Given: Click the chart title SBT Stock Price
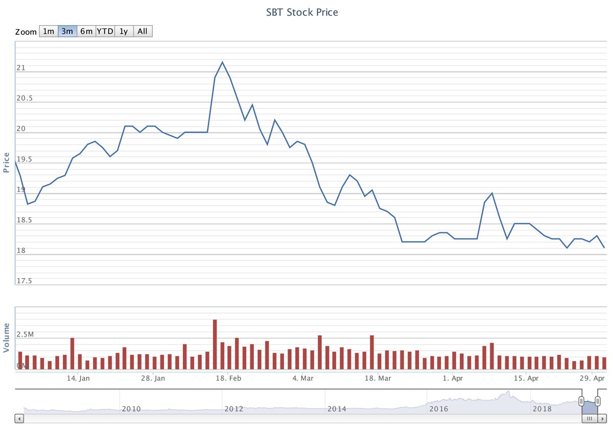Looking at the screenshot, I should (302, 12).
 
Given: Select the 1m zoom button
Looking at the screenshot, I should (48, 31).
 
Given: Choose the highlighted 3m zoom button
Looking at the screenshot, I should (67, 31).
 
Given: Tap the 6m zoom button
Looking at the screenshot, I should (86, 31).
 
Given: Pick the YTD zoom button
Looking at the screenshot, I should (105, 31).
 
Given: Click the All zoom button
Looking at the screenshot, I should (143, 31).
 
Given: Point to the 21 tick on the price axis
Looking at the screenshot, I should (21, 67).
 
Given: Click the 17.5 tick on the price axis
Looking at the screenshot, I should (24, 281).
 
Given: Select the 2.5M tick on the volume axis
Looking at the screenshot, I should (25, 334).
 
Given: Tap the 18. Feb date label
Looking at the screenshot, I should (228, 378).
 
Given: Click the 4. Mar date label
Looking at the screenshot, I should (303, 378).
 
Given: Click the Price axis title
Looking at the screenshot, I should (7, 162).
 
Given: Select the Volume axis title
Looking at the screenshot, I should (7, 338).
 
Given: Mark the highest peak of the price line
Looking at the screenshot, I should (222, 62).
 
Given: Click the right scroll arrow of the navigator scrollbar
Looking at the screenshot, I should (602, 419).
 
